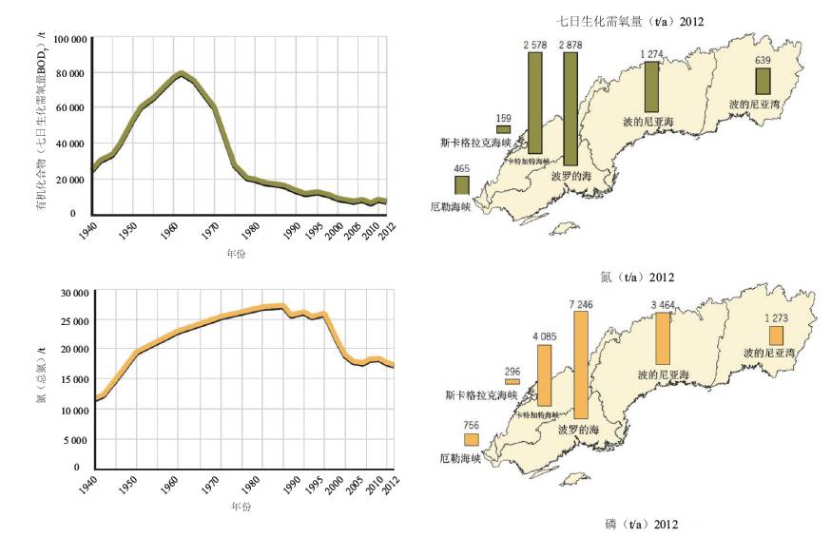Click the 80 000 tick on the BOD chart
pos(69,73)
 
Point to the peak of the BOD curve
pos(181,73)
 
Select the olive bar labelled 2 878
pos(570,108)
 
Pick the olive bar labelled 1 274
pos(651,87)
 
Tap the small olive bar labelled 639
pos(763,81)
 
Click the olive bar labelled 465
pos(461,184)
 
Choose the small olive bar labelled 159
pos(503,129)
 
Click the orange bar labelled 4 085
pos(544,374)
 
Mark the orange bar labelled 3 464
pos(663,337)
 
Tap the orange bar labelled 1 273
pos(776,336)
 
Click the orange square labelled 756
pos(471,439)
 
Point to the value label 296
pos(512,371)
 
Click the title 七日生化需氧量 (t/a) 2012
pos(629,21)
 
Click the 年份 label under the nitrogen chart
pos(241,506)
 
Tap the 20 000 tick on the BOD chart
pos(69,179)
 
